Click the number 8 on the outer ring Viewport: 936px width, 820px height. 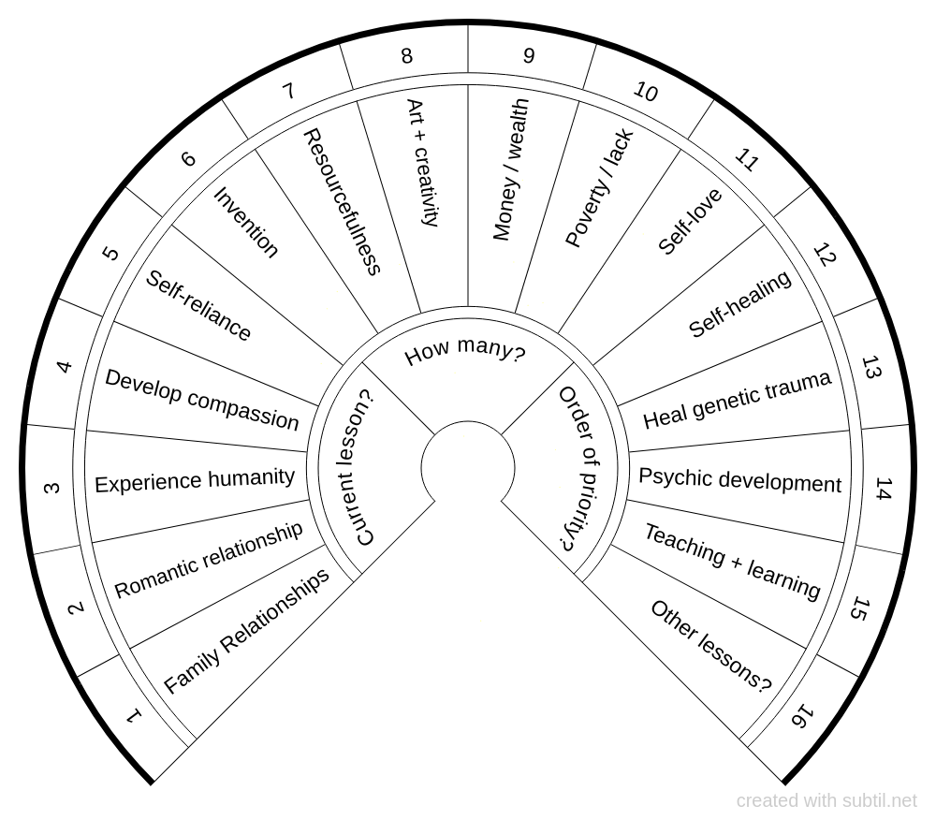tap(406, 56)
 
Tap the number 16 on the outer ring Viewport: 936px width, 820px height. tap(801, 717)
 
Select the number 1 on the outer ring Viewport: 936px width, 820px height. tap(134, 717)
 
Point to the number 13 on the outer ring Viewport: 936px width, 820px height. tap(871, 367)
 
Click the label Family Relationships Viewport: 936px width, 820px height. tap(247, 630)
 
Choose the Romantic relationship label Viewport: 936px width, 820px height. tap(209, 560)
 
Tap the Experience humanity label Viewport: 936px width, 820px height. tap(195, 480)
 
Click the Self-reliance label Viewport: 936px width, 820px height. tap(197, 306)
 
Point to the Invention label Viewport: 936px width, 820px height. tap(246, 222)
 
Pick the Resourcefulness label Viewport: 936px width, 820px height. tap(342, 202)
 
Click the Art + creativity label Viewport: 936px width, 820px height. tap(421, 163)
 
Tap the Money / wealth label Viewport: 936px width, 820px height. tap(510, 169)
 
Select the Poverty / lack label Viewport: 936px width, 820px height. tap(600, 188)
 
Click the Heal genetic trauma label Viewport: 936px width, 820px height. tap(737, 400)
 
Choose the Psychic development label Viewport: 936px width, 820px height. tap(739, 480)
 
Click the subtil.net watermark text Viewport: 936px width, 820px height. tap(826, 801)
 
